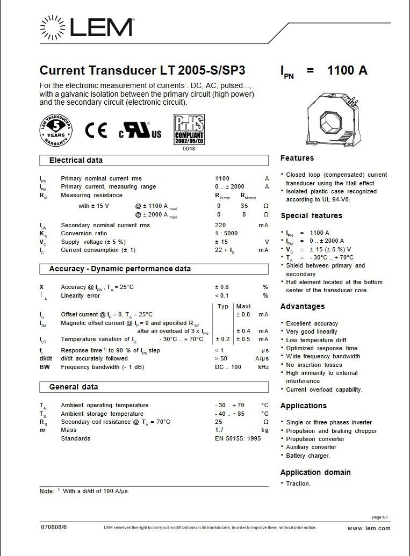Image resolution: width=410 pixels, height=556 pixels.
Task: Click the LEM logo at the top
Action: [86, 27]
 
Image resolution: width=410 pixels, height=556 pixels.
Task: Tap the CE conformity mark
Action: [96, 131]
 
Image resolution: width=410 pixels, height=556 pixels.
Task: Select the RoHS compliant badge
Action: [189, 129]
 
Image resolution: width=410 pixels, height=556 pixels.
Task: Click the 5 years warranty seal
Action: [56, 131]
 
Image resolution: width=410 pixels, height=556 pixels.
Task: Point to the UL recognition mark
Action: [140, 131]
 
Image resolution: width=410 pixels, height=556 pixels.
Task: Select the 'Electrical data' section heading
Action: [76, 160]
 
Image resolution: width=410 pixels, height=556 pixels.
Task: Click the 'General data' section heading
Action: [74, 387]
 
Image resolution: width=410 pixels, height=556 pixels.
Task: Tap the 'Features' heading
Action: [297, 158]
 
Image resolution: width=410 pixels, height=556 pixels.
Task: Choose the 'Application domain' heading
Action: [315, 472]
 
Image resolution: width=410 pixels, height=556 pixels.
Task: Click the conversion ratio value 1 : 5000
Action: [226, 233]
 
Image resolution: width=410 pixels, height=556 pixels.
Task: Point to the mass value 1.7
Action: [219, 430]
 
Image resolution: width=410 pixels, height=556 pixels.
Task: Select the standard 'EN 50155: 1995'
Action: [238, 438]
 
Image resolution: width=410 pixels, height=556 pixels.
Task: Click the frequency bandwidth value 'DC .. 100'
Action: [228, 367]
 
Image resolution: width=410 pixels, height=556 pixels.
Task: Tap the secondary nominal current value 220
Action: [220, 225]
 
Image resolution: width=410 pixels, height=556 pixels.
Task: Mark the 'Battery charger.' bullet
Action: [308, 456]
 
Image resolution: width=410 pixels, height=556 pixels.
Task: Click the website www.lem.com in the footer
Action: [369, 528]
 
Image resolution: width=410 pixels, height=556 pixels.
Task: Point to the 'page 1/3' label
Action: [379, 517]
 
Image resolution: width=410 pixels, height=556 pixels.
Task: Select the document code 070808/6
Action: [54, 528]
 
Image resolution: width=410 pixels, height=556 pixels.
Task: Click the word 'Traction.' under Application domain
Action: [298, 483]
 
